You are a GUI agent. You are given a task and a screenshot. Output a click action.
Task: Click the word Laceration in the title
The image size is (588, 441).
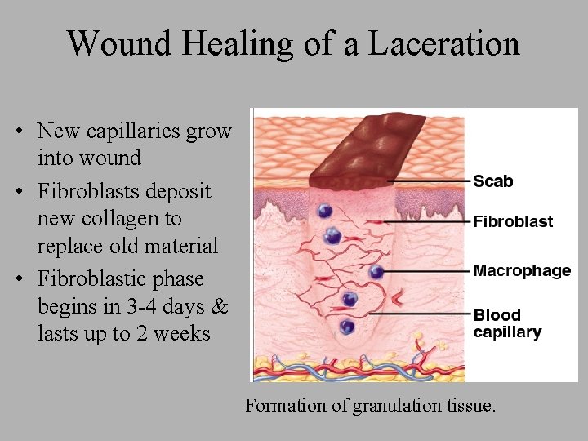(x=443, y=42)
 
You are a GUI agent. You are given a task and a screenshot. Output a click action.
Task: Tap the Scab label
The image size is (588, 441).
(x=493, y=180)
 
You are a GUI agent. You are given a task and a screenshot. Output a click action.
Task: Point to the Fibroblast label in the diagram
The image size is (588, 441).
(x=513, y=221)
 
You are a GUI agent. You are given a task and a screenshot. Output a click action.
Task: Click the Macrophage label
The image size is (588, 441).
(x=522, y=270)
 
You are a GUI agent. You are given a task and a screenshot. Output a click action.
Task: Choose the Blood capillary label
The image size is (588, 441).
(x=507, y=323)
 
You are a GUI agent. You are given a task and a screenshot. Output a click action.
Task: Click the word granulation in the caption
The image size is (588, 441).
(x=389, y=405)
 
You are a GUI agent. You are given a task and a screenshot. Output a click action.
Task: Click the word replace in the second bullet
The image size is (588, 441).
(x=67, y=247)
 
